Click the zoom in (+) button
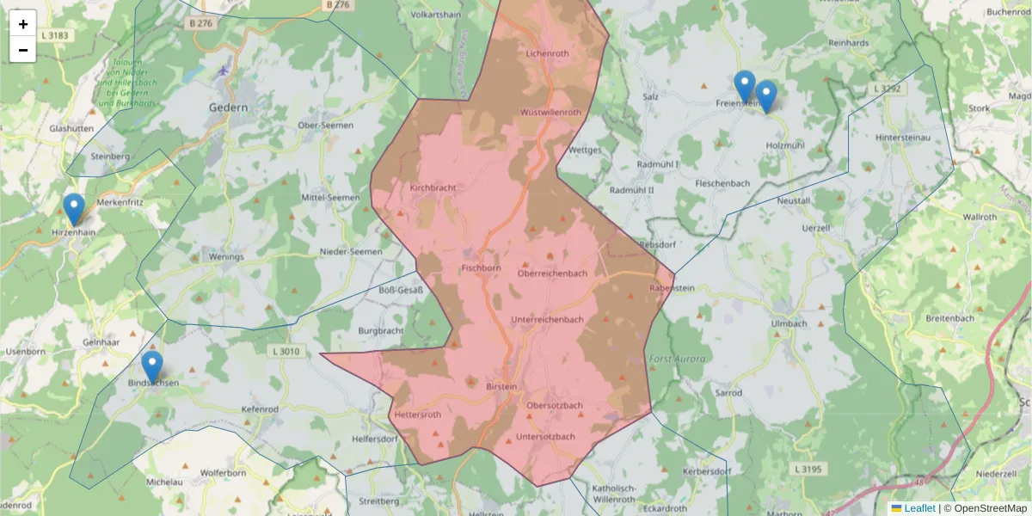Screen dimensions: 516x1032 point(23,24)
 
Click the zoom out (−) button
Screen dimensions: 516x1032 point(23,50)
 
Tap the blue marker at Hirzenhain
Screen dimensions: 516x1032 point(74,209)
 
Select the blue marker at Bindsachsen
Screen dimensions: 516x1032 point(152,367)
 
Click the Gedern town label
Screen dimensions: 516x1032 point(228,108)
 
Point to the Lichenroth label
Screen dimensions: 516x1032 point(547,53)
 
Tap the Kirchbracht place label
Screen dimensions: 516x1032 point(433,187)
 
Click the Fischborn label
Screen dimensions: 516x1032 point(481,268)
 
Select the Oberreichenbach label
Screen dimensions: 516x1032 point(552,273)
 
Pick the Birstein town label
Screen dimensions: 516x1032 point(502,387)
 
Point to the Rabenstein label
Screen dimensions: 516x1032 point(672,288)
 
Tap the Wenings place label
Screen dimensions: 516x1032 point(227,256)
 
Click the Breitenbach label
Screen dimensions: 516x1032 point(950,318)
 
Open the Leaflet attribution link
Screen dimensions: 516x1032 point(919,508)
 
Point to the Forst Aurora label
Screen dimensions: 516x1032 point(676,359)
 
